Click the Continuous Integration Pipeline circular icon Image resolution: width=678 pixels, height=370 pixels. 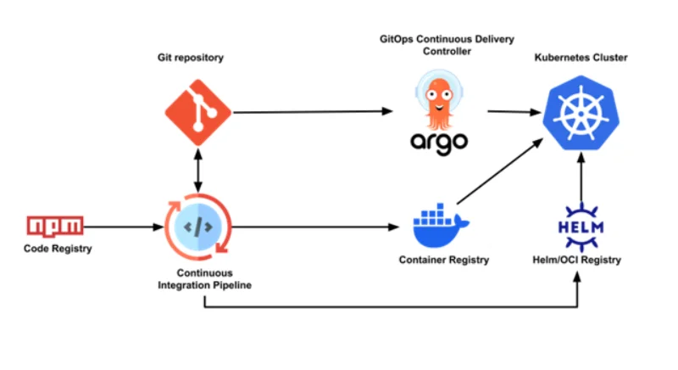click(197, 227)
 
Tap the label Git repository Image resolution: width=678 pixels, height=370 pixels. click(196, 58)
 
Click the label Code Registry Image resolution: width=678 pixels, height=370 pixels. click(57, 248)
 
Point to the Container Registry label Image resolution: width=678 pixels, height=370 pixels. click(443, 260)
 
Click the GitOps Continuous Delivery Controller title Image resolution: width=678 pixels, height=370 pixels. click(439, 45)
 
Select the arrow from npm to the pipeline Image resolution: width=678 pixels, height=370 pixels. click(123, 227)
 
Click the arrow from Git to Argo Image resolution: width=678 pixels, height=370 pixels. click(314, 111)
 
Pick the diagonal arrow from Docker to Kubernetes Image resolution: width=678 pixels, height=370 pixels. click(500, 173)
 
